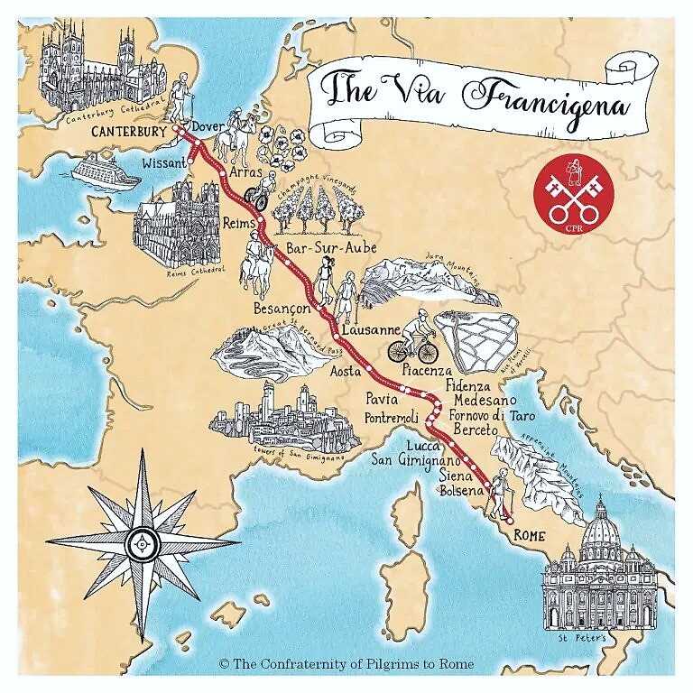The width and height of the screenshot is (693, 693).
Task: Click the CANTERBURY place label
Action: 129,132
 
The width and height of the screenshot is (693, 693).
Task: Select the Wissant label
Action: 164,164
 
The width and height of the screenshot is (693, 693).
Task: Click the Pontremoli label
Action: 392,417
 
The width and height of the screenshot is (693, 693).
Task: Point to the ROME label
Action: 530,534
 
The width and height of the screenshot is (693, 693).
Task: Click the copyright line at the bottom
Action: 346,663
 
